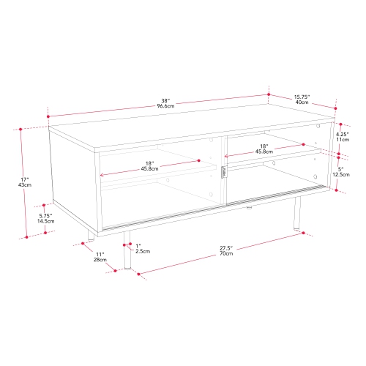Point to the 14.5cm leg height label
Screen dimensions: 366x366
tap(46, 220)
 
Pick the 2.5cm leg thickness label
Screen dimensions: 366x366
tap(143, 251)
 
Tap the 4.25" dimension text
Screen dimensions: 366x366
tap(341, 133)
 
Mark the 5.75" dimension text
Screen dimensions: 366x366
tap(46, 214)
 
